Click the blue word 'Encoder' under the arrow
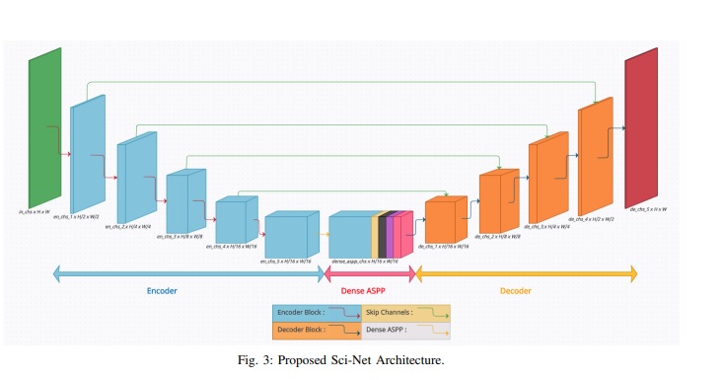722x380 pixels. (162, 291)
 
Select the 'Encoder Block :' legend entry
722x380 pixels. (302, 312)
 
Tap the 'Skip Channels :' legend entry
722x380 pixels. (389, 312)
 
